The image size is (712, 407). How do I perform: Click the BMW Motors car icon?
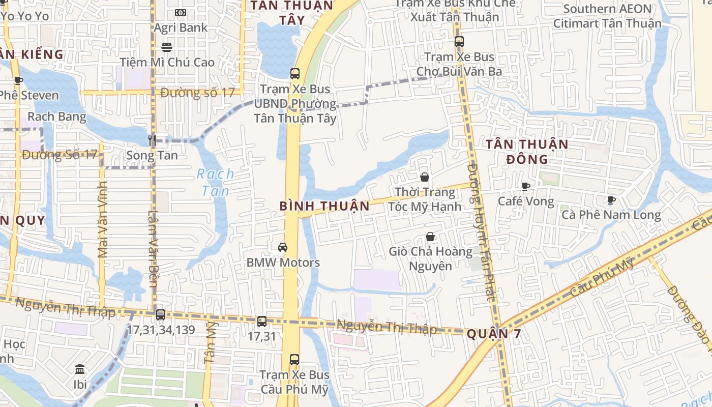pyautogui.click(x=283, y=247)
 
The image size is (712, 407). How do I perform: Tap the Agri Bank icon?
pyautogui.click(x=181, y=13)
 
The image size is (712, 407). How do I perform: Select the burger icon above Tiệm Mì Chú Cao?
pyautogui.click(x=167, y=47)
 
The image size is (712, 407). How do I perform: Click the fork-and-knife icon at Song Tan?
pyautogui.click(x=152, y=139)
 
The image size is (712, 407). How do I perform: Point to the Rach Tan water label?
pyautogui.click(x=216, y=182)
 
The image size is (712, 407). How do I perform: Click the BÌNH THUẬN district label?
pyautogui.click(x=324, y=206)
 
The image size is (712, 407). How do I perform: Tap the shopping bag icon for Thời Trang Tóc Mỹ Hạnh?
pyautogui.click(x=425, y=177)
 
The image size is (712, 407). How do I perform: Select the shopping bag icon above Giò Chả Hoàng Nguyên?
pyautogui.click(x=430, y=237)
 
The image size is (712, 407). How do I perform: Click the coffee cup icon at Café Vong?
pyautogui.click(x=526, y=186)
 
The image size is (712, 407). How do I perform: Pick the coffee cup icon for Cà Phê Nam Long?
pyautogui.click(x=611, y=200)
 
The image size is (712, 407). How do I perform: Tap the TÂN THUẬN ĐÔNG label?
pyautogui.click(x=526, y=152)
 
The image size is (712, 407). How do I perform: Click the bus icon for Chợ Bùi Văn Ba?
pyautogui.click(x=459, y=42)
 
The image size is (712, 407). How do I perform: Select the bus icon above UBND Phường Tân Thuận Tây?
pyautogui.click(x=295, y=73)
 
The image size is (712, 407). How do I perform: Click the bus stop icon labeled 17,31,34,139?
pyautogui.click(x=161, y=315)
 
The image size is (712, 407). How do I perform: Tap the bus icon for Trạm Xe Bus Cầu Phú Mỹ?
pyautogui.click(x=294, y=359)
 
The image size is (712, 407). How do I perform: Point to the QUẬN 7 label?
pyautogui.click(x=494, y=334)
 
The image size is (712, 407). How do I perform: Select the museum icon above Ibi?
pyautogui.click(x=80, y=369)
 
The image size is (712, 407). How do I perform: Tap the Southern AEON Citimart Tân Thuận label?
pyautogui.click(x=607, y=16)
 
